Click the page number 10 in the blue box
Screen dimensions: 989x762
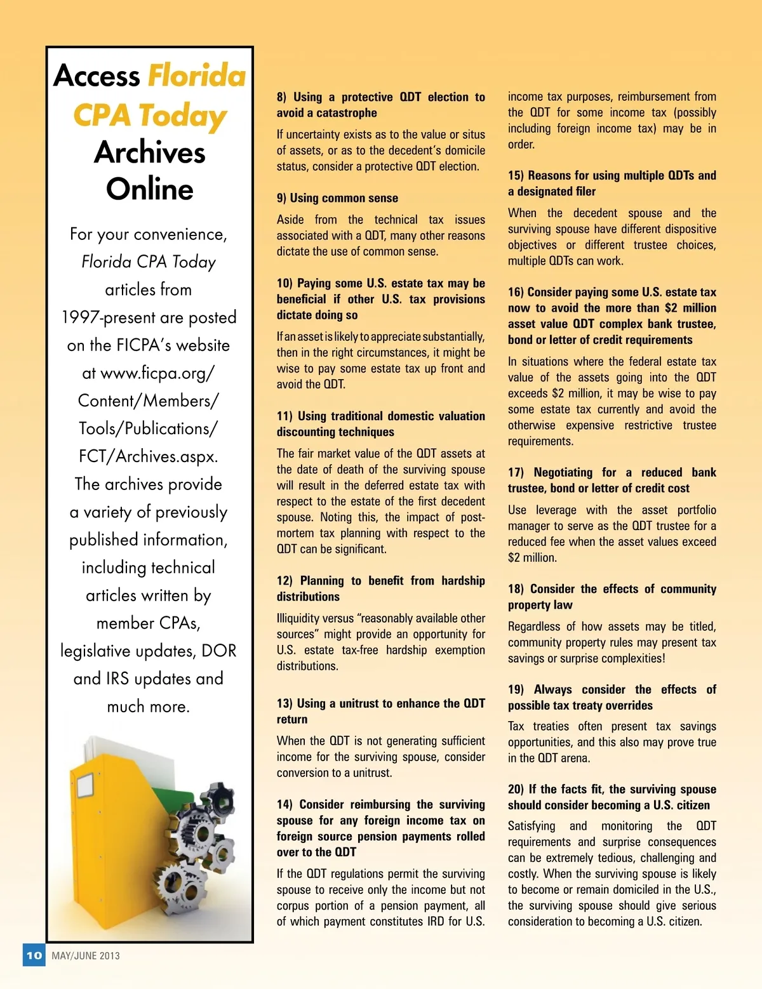[34, 955]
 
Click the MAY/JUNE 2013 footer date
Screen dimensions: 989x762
[86, 955]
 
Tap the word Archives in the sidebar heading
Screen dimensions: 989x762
[150, 152]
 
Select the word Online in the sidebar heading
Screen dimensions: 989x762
[150, 189]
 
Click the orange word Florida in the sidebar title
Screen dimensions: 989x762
[197, 76]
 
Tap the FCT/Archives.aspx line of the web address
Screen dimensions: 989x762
[148, 456]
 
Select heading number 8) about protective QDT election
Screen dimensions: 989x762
[281, 97]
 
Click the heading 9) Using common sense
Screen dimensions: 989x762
[337, 198]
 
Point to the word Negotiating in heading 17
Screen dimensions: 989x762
[565, 472]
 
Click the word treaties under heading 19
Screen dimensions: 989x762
[549, 726]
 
